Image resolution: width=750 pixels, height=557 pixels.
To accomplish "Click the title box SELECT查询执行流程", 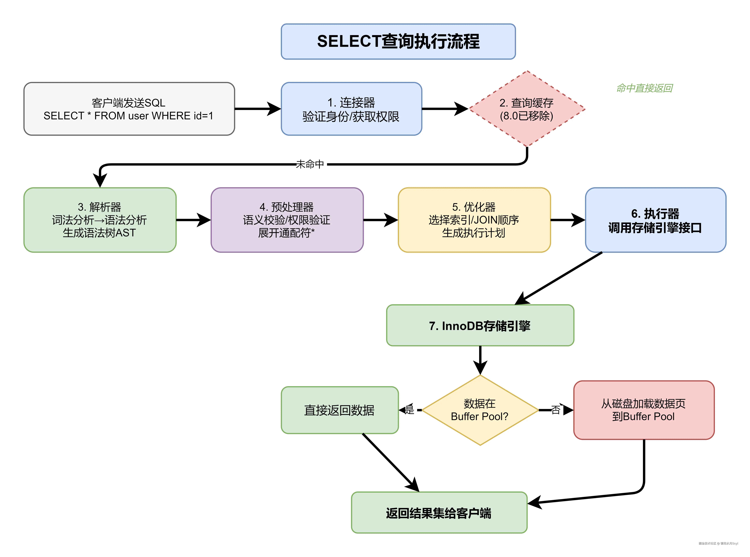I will point(398,41).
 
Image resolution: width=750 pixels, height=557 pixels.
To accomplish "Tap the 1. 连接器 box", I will point(351,109).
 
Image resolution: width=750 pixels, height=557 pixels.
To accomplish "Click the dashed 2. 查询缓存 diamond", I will point(527,109).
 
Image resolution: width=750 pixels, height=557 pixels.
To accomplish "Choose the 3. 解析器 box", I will point(100,220).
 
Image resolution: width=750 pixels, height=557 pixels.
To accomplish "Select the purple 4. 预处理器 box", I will point(287,220).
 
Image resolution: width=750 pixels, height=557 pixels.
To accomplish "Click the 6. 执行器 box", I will point(655,220).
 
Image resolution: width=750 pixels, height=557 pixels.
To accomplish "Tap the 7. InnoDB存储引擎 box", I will point(480,325).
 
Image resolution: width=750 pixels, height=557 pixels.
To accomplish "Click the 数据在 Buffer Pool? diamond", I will point(480,410).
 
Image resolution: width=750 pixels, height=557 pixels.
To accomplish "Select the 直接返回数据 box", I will point(339,410).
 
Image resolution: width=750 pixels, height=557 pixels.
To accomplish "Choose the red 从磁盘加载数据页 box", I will point(644,410).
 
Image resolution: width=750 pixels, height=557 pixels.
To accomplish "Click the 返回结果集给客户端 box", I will point(439,513).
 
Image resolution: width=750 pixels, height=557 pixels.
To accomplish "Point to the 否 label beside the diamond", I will point(556,410).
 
